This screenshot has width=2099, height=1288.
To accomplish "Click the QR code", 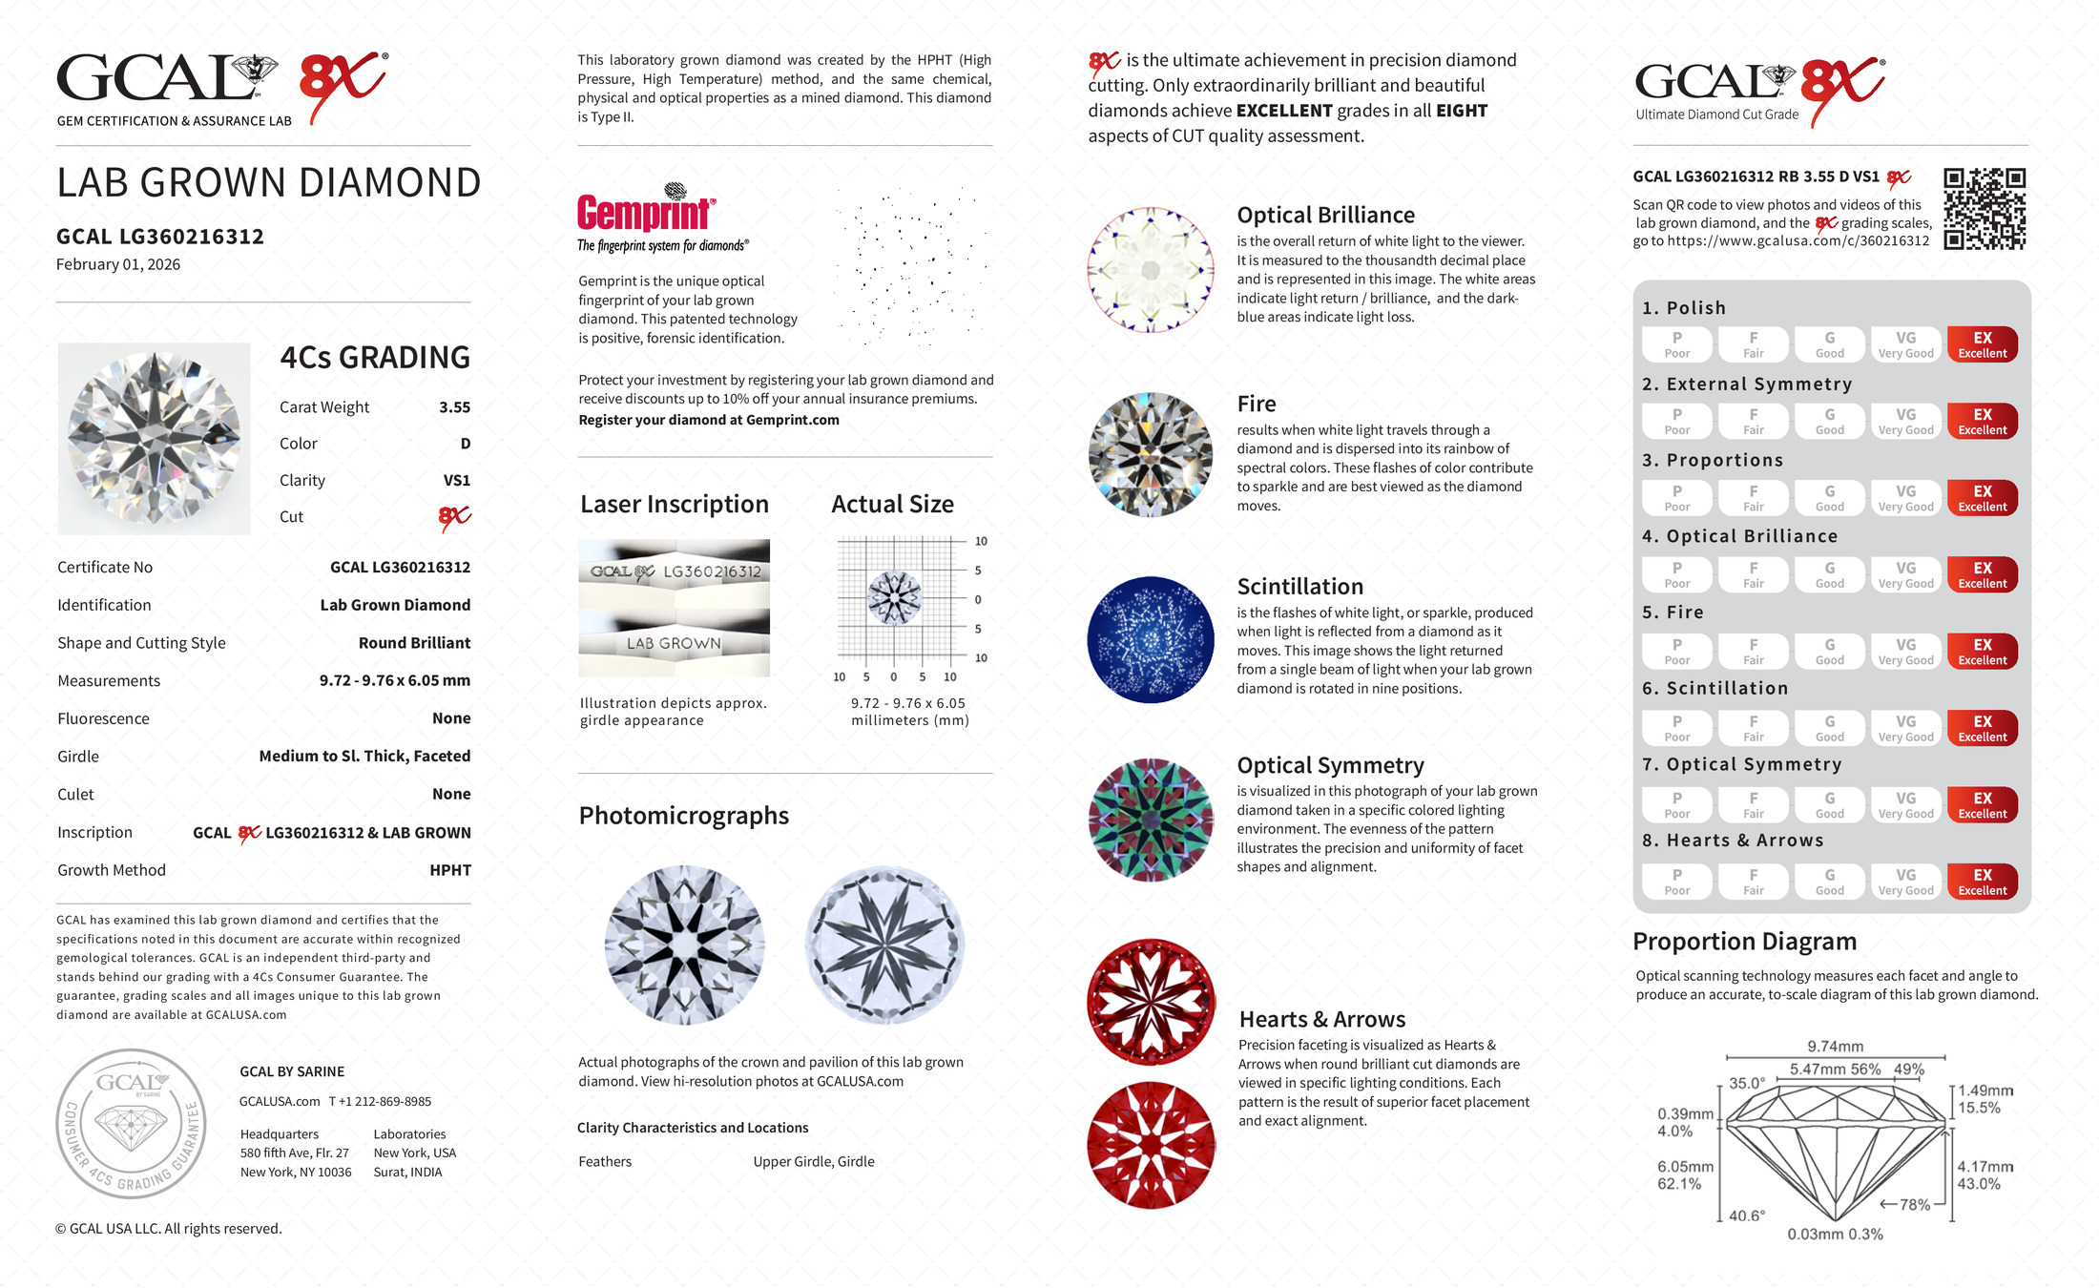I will click(1985, 209).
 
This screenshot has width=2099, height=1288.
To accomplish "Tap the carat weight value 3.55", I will click(454, 407).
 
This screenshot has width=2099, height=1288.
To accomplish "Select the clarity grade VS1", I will click(456, 481).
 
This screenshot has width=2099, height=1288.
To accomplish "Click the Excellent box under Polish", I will click(1982, 344).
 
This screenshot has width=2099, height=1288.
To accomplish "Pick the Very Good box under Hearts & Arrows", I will click(1905, 882).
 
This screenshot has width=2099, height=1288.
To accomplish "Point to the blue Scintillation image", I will click(1151, 640).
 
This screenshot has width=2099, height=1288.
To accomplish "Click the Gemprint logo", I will click(646, 212).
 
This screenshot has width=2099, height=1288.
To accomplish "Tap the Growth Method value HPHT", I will click(449, 870).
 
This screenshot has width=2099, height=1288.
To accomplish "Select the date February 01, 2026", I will click(118, 265).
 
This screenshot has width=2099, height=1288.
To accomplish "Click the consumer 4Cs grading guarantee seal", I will click(131, 1123).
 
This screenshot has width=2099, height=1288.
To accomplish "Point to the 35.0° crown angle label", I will click(1747, 1084).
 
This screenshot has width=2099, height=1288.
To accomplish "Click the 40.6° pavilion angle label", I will click(1746, 1215).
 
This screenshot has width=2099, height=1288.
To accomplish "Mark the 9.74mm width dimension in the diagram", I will click(1835, 1047).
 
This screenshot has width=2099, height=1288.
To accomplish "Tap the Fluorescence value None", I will click(451, 718).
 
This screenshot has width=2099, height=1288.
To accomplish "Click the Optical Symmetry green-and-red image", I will click(1151, 820).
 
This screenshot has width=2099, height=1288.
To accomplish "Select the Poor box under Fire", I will click(1676, 652).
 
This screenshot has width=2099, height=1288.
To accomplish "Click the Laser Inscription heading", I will click(675, 505).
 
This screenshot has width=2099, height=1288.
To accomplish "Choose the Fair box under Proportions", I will click(1753, 498).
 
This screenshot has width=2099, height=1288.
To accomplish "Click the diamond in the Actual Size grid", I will click(894, 598).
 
